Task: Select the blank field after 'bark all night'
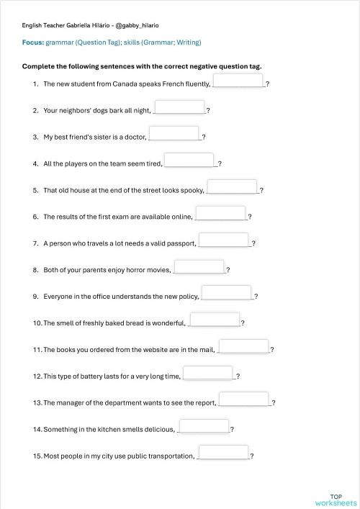pyautogui.click(x=179, y=107)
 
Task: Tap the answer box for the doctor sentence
pyautogui.click(x=174, y=133)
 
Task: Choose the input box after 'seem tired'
pyautogui.click(x=189, y=160)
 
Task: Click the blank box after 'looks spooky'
pyautogui.click(x=232, y=186)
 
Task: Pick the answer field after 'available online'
pyautogui.click(x=220, y=213)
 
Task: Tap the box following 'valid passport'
pyautogui.click(x=223, y=240)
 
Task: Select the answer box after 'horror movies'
pyautogui.click(x=199, y=266)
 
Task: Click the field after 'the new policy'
pyautogui.click(x=226, y=293)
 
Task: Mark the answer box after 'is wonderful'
pyautogui.click(x=215, y=320)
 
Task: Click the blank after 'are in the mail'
pyautogui.click(x=243, y=346)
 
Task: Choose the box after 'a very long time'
pyautogui.click(x=208, y=373)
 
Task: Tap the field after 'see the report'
pyautogui.click(x=243, y=400)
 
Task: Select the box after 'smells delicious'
pyautogui.click(x=203, y=426)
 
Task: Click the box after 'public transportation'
pyautogui.click(x=223, y=453)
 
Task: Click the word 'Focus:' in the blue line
pyautogui.click(x=32, y=42)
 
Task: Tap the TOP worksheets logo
pyautogui.click(x=336, y=500)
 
